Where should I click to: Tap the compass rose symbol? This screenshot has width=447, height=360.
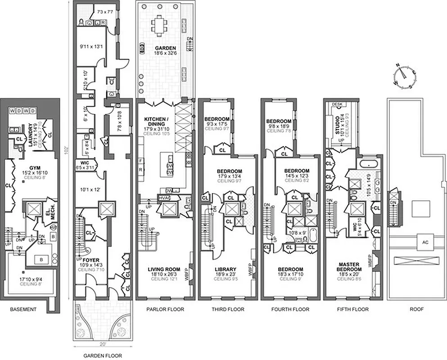(404, 75)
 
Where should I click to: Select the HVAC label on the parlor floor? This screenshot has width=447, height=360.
(163, 197)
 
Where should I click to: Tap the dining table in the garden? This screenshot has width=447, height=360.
(160, 23)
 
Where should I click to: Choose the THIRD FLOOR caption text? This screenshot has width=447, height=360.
(228, 310)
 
